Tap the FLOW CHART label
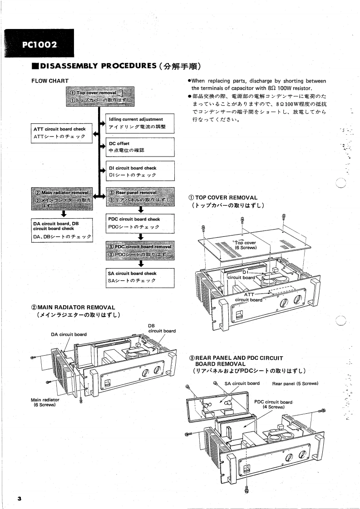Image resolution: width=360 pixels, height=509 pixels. [49, 81]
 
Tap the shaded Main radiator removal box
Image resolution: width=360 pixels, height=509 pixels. [62, 198]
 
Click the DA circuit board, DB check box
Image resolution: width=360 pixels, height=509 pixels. [62, 230]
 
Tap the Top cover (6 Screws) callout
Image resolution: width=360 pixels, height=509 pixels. [246, 245]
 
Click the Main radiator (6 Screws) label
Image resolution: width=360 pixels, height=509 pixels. [45, 402]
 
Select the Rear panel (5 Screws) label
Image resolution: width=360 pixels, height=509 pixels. [295, 383]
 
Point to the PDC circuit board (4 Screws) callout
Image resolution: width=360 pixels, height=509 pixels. [273, 404]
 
